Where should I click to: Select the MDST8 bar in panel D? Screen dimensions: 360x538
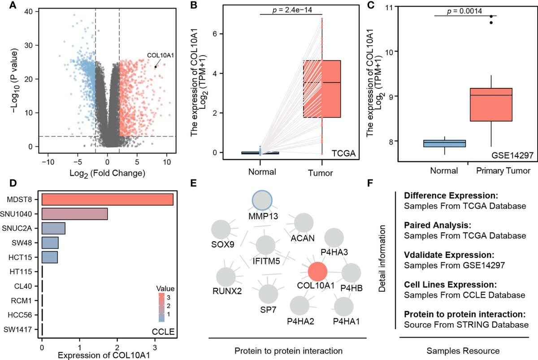tap(108, 199)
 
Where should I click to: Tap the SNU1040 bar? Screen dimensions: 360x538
tap(74, 214)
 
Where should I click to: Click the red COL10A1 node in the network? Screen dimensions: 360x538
tap(318, 271)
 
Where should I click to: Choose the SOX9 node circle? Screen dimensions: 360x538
tap(221, 230)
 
